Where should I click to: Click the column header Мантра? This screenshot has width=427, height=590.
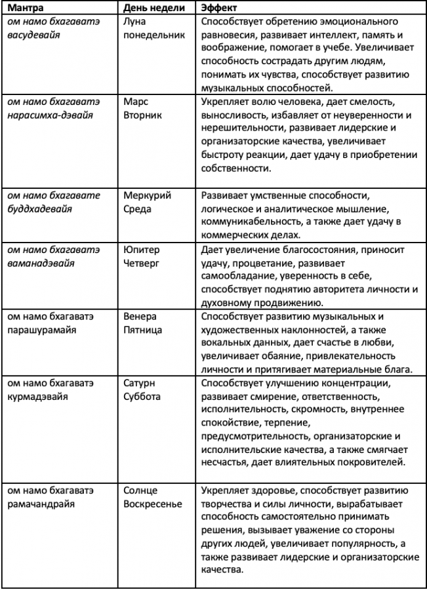26,8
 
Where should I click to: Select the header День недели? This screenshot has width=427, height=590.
155,8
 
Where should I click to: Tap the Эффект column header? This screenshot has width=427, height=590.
220,8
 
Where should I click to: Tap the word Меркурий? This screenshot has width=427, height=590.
147,196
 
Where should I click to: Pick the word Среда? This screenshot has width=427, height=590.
138,209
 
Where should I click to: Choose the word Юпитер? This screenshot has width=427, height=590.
141,250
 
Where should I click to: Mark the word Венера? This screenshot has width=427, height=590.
140,317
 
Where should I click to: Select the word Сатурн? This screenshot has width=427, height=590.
140,383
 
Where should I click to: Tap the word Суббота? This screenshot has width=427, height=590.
142,397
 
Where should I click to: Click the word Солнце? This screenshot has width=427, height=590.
140,491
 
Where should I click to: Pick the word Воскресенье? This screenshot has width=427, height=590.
153,504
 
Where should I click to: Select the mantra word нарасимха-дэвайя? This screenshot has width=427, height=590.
51,115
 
